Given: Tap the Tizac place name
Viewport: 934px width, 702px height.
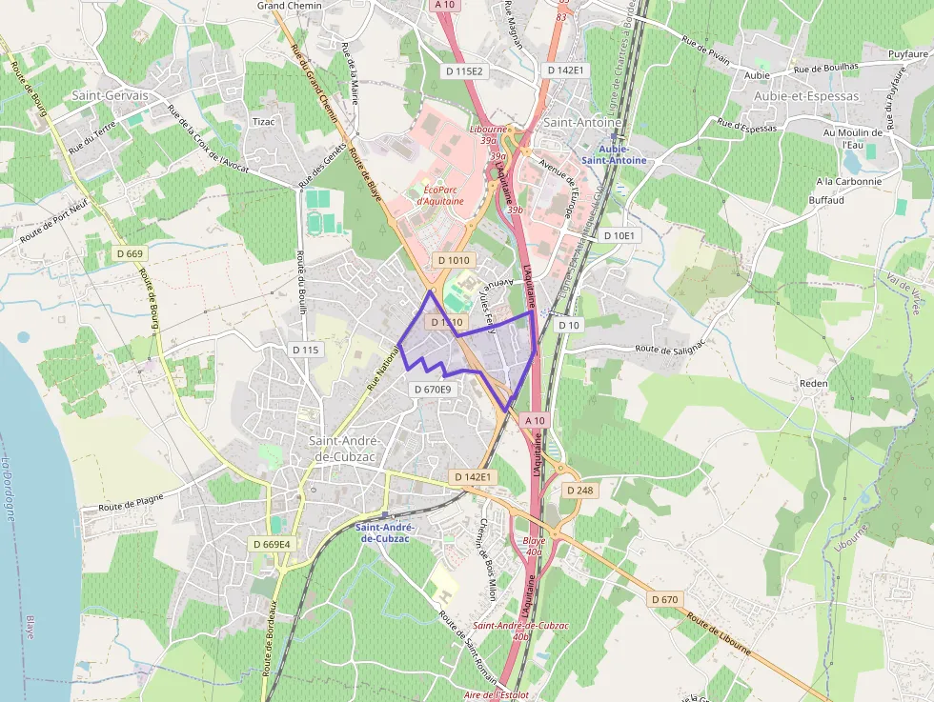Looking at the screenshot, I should coord(262,122).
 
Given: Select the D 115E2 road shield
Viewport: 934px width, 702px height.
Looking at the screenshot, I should coord(464,70).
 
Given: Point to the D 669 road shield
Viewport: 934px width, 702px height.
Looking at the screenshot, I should coord(130,253).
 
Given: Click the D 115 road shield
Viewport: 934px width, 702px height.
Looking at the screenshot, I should coord(305,350).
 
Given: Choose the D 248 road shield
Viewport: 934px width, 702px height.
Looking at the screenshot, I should coord(579,490).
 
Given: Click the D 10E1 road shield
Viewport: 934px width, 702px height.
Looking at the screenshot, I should coord(618,235).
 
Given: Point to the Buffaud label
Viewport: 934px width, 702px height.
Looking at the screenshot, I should coord(826,201).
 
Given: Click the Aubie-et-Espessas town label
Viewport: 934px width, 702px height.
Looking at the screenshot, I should coord(805,96).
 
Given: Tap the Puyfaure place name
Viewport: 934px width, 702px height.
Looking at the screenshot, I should coord(908,54).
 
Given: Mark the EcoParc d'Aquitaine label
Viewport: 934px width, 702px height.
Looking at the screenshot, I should coord(440,194).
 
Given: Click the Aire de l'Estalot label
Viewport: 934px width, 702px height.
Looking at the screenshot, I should coord(497,694).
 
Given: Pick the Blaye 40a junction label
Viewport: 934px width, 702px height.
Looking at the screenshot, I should coord(534,546).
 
